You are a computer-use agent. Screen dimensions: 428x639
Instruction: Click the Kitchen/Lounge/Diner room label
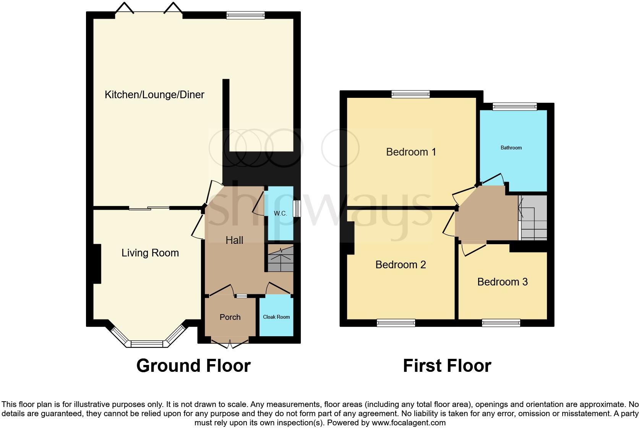[x=154, y=95]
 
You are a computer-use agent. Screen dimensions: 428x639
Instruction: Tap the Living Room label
[x=150, y=253]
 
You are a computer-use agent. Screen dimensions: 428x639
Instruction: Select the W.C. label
[x=280, y=214]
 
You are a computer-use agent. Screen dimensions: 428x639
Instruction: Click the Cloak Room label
[x=276, y=317]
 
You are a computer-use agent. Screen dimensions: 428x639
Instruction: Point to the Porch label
[x=230, y=317]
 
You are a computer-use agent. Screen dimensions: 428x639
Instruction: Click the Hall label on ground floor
[x=234, y=240]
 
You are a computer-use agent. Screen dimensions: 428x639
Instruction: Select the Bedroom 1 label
[x=411, y=152]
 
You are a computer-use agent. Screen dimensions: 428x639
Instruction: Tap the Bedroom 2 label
[x=401, y=265]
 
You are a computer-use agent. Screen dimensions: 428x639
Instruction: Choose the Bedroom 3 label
[x=502, y=282]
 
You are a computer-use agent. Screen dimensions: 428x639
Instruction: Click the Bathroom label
[x=511, y=148]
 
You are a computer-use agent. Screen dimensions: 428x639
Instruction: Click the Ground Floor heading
[x=193, y=366]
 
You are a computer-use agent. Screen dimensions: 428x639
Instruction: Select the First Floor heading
[x=447, y=366]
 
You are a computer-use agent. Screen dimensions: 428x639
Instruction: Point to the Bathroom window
[x=514, y=107]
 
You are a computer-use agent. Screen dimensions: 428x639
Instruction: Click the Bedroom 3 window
[x=501, y=323]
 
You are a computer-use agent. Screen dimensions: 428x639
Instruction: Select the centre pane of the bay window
[x=147, y=344]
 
